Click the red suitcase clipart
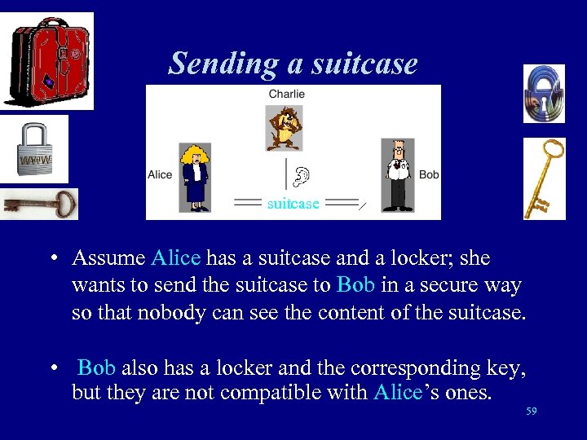coord(47,60)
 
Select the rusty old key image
coord(39,204)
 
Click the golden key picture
coord(544,178)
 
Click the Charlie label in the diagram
coord(286,94)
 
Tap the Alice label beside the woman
coord(160,174)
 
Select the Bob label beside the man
coord(429,174)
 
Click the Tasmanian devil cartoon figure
coord(285,127)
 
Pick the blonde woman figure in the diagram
coord(196,178)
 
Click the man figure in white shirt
coord(398,175)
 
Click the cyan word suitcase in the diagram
coord(293,204)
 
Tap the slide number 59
coord(532,411)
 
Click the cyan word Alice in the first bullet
coord(176,258)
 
